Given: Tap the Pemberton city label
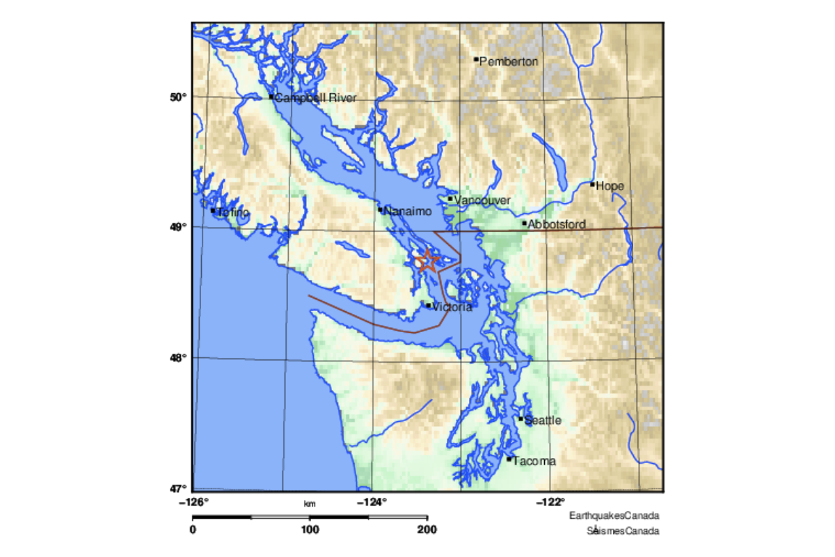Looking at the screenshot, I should (x=509, y=62).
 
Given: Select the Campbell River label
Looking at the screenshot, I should (x=316, y=98).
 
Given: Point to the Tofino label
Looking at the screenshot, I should (x=232, y=212).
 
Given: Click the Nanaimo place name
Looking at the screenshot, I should (x=408, y=211).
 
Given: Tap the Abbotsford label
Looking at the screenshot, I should (x=557, y=225).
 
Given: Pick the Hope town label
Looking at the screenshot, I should (x=610, y=186).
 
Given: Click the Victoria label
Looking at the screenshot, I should (x=452, y=307).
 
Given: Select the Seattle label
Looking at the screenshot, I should (x=543, y=421).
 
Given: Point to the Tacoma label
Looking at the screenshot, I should (x=534, y=461).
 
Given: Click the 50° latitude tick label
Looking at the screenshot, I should (x=179, y=96).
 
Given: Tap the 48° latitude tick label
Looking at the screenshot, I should (x=179, y=357).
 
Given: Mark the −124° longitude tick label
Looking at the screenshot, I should (x=372, y=501).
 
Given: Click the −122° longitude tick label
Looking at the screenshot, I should (x=550, y=501).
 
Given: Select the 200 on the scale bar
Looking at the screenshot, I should (x=427, y=530).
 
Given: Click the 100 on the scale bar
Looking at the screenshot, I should (x=310, y=530).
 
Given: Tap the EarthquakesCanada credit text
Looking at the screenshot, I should (x=614, y=516).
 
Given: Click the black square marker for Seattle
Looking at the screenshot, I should (x=520, y=418).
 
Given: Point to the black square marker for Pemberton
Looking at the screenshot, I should (x=476, y=59).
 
